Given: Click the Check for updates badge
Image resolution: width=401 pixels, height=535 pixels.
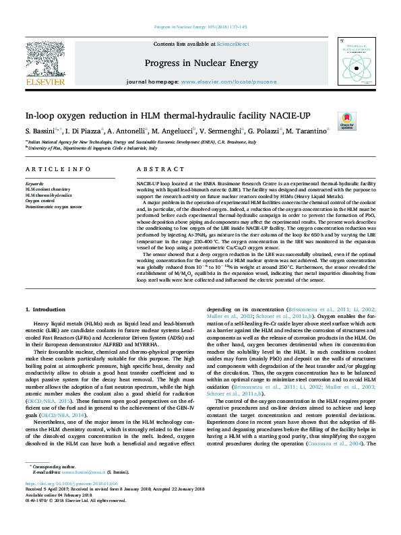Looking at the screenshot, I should [x=346, y=121].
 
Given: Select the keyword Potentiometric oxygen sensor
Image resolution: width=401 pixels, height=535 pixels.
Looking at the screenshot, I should [x=55, y=206].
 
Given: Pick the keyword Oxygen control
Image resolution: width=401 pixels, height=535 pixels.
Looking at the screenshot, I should [x=40, y=200].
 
